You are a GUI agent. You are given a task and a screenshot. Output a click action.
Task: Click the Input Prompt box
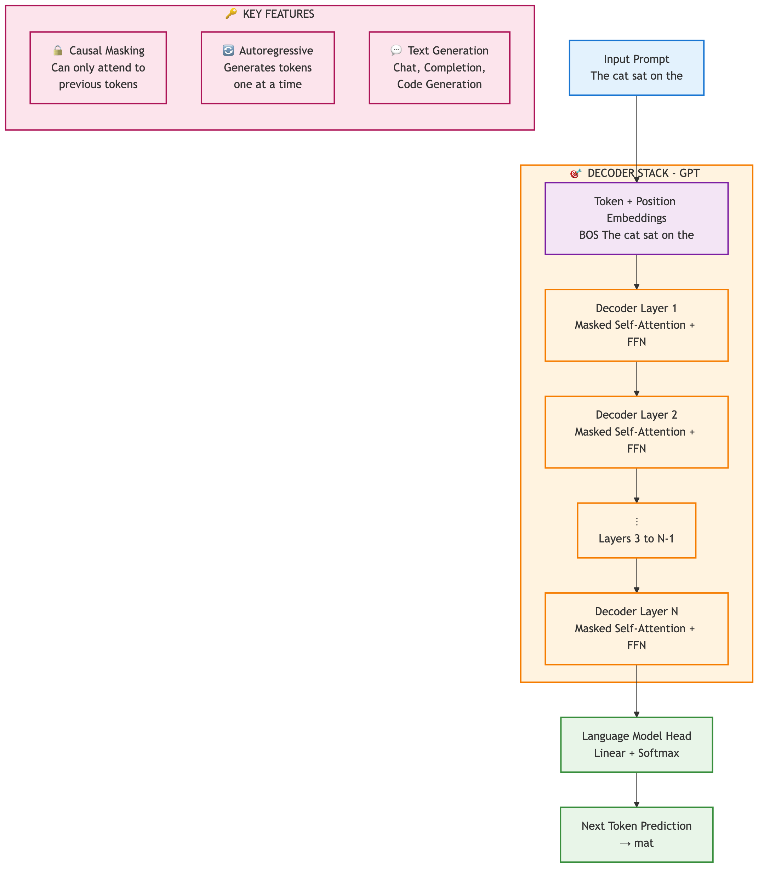[x=636, y=68]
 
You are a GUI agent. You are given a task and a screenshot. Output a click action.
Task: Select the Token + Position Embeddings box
[x=636, y=218]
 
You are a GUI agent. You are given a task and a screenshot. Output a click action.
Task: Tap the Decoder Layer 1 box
[x=636, y=325]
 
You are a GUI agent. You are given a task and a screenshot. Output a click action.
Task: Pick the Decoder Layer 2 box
[x=636, y=432]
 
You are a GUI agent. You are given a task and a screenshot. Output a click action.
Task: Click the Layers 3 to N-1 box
[x=636, y=530]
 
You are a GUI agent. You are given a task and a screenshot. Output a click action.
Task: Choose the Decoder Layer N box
[x=636, y=628]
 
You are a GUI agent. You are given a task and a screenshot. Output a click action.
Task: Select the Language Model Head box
[x=636, y=744]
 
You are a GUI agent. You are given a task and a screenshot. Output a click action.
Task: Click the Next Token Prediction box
[x=636, y=834]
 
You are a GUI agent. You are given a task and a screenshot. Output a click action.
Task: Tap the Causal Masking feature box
[x=98, y=68]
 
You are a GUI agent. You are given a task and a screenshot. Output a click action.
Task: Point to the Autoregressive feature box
[x=267, y=68]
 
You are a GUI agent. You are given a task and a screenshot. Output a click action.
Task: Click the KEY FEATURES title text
[x=278, y=14]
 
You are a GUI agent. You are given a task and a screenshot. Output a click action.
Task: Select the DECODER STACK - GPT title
[x=643, y=173]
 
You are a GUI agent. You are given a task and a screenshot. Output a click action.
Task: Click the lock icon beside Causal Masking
[x=58, y=51]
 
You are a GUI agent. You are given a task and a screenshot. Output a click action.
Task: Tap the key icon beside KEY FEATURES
[x=230, y=14]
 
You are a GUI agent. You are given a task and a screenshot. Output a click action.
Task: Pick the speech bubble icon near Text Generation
[x=396, y=50]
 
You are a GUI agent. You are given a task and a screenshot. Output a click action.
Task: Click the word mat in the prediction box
[x=643, y=843]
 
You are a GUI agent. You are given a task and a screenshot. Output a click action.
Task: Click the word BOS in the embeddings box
[x=589, y=235]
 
